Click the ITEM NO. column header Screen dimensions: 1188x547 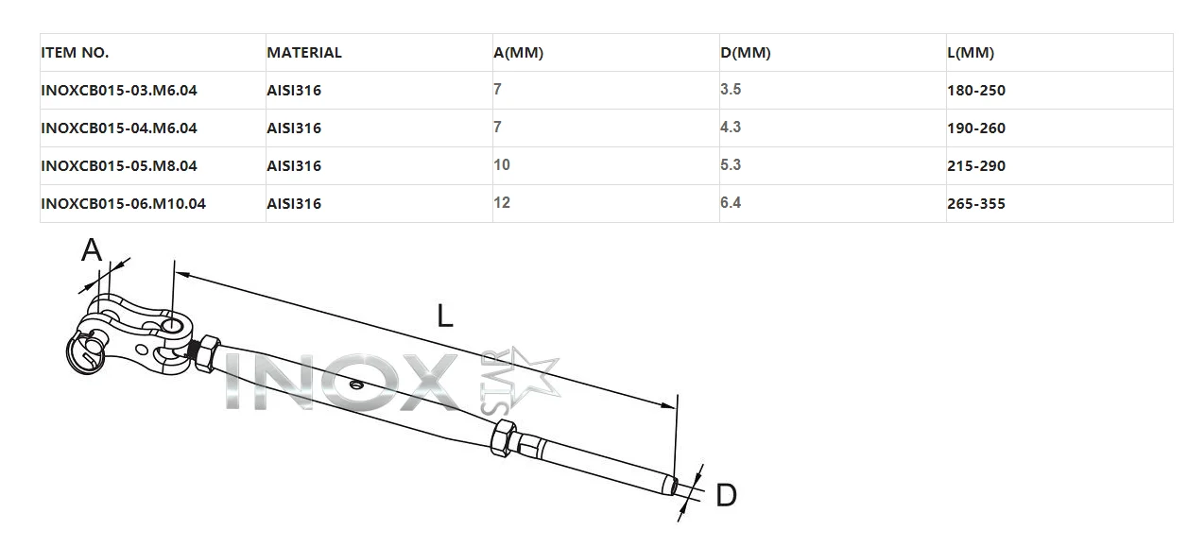(x=75, y=53)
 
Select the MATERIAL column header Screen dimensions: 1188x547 (x=304, y=53)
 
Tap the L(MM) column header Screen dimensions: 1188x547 (x=971, y=53)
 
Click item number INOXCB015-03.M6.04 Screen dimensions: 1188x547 (x=119, y=90)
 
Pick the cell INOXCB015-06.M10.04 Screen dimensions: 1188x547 (x=123, y=203)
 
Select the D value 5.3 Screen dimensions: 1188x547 (x=731, y=164)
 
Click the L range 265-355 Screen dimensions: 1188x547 (x=976, y=203)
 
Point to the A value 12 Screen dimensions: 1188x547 (x=502, y=202)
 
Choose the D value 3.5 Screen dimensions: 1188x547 (x=731, y=89)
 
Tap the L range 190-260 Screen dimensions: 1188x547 (x=976, y=128)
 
